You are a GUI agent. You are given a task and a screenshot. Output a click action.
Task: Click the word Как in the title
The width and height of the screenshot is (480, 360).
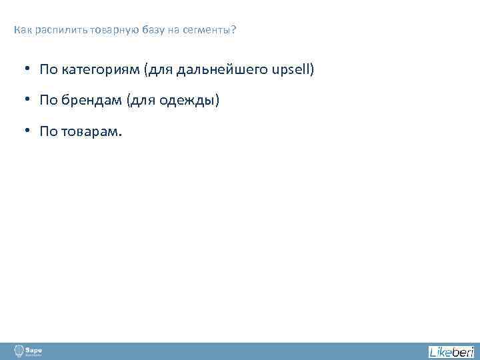coord(21,30)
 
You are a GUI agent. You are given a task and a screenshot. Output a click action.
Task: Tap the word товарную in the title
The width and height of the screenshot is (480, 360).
coord(109,30)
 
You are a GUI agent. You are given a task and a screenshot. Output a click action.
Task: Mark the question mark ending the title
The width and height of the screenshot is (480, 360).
coord(234,30)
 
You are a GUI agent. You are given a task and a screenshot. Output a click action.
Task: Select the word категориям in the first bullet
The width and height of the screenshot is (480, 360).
coord(97,69)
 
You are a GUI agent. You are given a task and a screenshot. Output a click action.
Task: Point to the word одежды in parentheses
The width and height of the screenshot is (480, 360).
coord(191,101)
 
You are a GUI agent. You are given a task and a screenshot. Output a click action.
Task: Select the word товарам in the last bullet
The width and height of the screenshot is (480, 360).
coord(92,131)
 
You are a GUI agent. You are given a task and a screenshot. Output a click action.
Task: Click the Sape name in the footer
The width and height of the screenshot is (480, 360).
coord(34,349)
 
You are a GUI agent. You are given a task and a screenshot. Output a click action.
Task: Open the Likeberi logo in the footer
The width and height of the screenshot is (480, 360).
coord(451,351)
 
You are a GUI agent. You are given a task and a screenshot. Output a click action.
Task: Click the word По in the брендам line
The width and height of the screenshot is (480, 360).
coord(48,101)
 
